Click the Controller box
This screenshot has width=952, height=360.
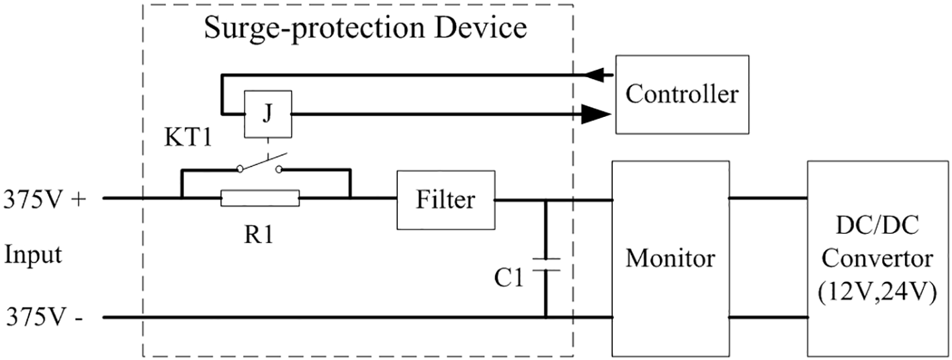681,95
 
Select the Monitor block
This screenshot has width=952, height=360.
670,258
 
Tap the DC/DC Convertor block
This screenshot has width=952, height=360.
879,258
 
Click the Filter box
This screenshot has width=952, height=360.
445,199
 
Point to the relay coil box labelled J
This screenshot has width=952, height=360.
267,114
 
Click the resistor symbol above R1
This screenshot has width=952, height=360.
260,199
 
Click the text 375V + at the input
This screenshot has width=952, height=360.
45,199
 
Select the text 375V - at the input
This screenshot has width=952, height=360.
44,316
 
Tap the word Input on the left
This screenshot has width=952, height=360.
33,256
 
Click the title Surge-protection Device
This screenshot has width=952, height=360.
365,28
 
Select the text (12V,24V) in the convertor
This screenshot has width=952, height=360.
879,292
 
